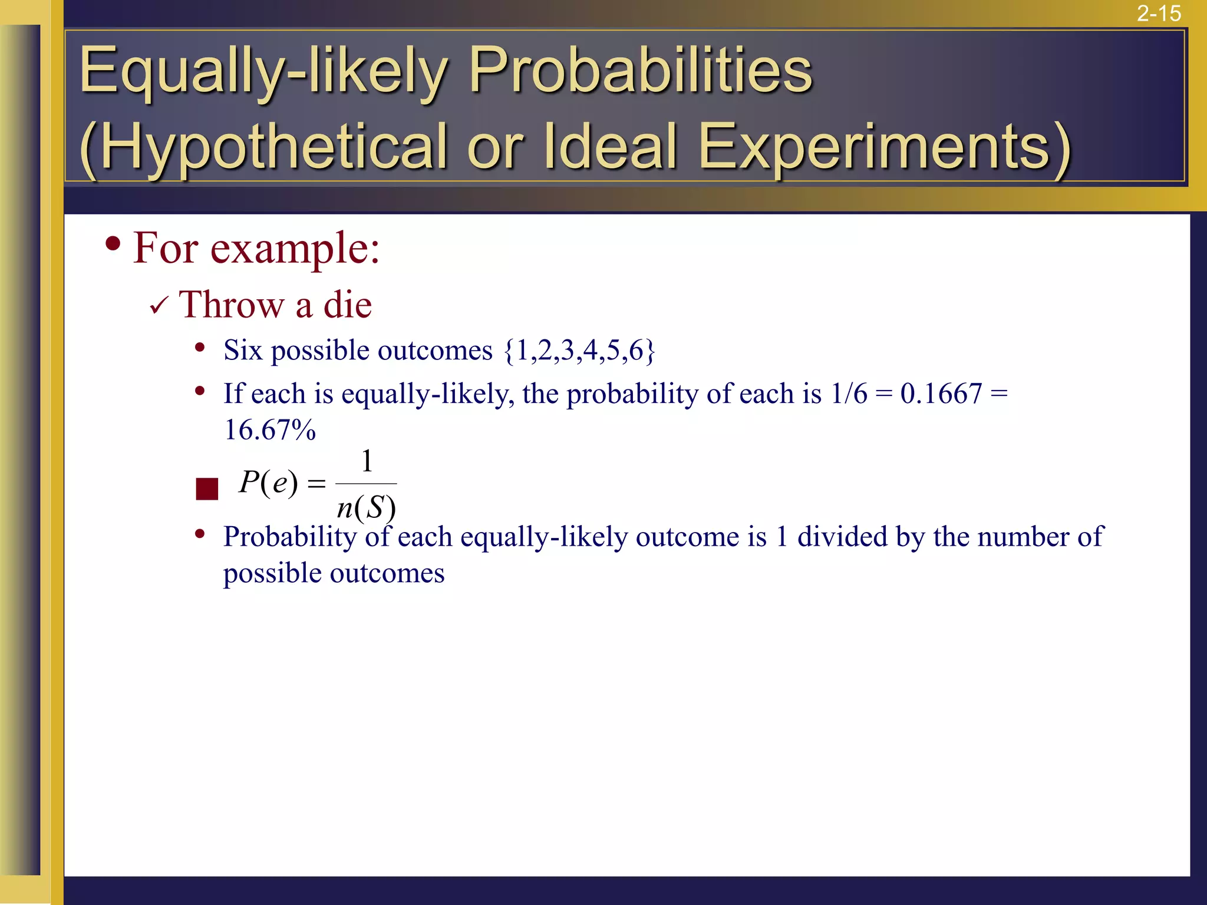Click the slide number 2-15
pos(1158,13)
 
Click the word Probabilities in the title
pos(641,71)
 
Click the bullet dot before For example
pos(113,243)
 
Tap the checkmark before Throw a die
pos(159,305)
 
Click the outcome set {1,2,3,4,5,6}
pos(579,351)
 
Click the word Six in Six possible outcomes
pos(242,351)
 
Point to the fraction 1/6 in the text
pos(849,394)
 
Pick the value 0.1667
pos(941,394)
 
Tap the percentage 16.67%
pos(270,430)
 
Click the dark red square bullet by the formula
pos(207,489)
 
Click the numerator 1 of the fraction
pos(367,461)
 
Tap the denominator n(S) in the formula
pos(366,507)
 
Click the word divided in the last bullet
pos(842,537)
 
